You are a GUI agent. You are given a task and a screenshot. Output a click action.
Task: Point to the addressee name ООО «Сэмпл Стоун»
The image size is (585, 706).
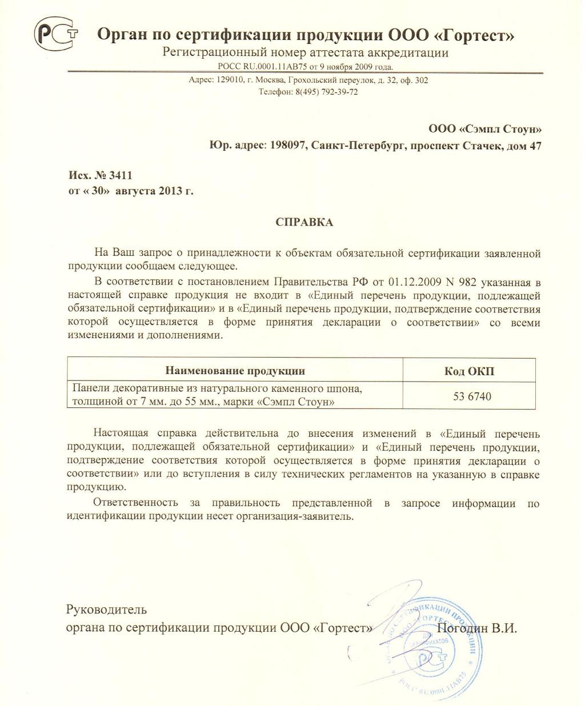pos(485,129)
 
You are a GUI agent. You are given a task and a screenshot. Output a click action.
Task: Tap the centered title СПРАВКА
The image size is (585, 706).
pos(304,222)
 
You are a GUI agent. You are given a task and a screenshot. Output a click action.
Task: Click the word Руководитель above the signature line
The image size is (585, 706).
pos(107,610)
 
